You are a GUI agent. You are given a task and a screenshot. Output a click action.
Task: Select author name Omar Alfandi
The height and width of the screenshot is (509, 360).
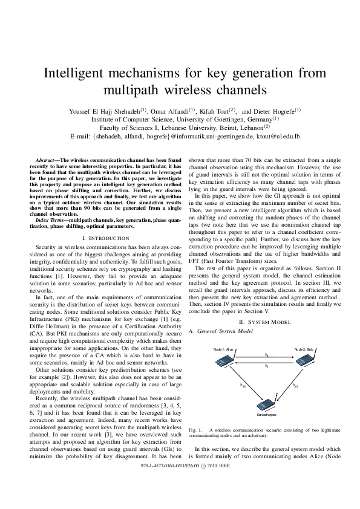tap(169, 111)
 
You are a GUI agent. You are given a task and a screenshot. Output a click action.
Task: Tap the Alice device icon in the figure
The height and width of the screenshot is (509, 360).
tap(222, 361)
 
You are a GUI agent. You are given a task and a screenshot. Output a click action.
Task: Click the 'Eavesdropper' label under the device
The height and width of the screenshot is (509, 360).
tap(264, 415)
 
